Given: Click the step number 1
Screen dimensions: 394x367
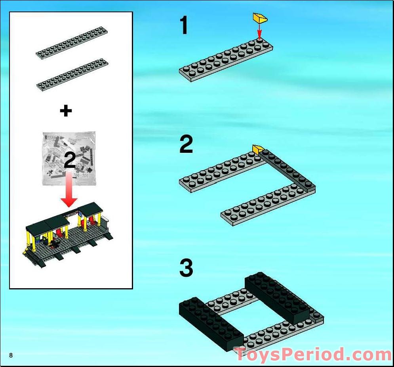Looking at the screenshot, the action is click(184, 25).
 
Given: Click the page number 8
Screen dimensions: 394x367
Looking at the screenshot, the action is click(11, 355).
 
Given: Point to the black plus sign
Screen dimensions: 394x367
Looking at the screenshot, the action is click(66, 110).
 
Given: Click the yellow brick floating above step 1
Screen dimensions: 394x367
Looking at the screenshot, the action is click(260, 18).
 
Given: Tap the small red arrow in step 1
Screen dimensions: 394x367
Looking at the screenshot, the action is click(259, 31).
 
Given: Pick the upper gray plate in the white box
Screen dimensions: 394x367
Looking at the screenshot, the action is click(72, 42).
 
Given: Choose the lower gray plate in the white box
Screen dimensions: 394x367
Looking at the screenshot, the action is click(72, 74).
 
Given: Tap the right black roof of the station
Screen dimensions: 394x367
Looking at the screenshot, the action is click(90, 209).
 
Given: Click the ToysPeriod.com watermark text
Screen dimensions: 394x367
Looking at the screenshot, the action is click(313, 354).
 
